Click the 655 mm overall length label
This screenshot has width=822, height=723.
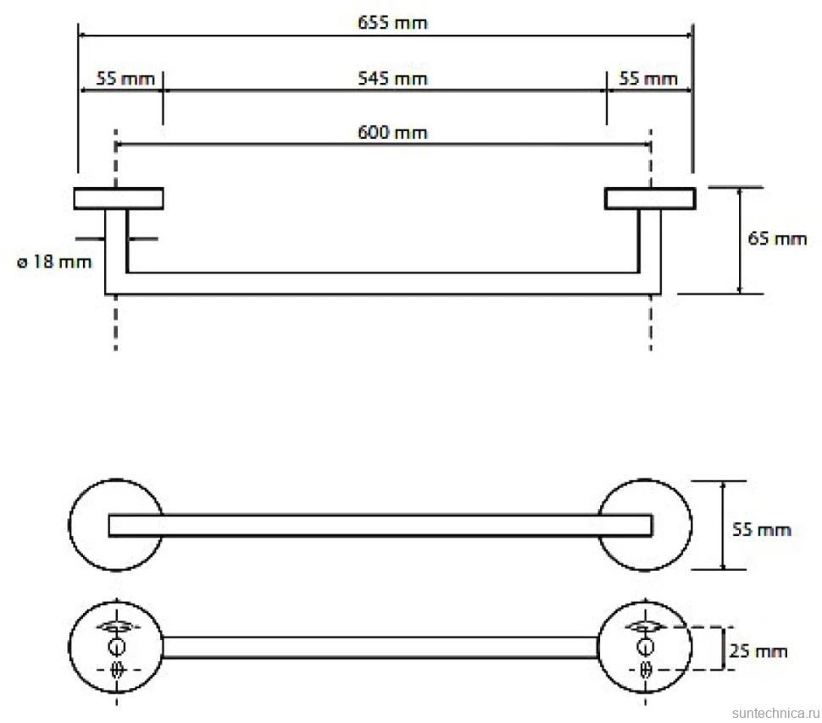click(x=392, y=23)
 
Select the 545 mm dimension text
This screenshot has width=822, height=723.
click(x=392, y=79)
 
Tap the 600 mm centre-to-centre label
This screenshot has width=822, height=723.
click(x=392, y=132)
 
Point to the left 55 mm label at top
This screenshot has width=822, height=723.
click(x=125, y=79)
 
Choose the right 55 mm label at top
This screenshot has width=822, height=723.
click(x=648, y=79)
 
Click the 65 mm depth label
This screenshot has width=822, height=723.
click(x=777, y=239)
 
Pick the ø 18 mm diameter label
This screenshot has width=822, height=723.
click(x=54, y=262)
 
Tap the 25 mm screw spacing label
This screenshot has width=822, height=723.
click(x=758, y=651)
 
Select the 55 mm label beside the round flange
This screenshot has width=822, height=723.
click(x=761, y=529)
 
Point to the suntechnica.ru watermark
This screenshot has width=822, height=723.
click(x=775, y=713)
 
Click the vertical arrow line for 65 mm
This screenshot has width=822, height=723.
click(x=740, y=240)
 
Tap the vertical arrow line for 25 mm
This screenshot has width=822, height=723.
click(x=724, y=648)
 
